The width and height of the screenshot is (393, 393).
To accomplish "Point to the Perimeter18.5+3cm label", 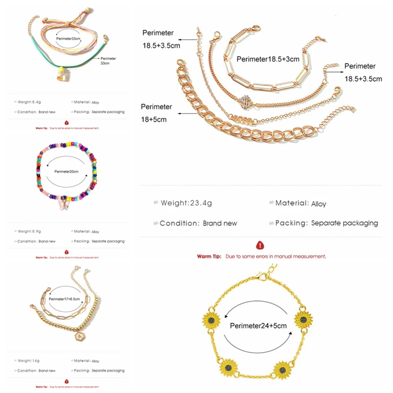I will point(268,59).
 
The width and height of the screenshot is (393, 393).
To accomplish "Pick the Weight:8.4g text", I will point(30,102).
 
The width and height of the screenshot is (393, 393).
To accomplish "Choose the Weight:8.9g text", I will point(30,231).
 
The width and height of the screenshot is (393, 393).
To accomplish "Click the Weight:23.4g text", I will point(183,202).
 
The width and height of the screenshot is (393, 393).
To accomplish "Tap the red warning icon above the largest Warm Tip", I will point(259,244).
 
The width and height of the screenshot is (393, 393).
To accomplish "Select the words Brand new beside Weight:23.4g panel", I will point(220,223).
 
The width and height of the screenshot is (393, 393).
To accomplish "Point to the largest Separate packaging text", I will point(344,223).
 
